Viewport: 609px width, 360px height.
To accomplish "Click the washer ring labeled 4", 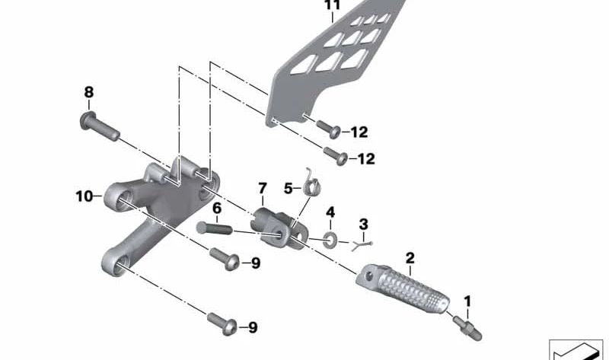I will pyautogui.click(x=332, y=238).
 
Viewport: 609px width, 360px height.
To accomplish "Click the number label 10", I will pyautogui.click(x=83, y=196).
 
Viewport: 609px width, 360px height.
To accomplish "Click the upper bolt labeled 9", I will pyautogui.click(x=224, y=258).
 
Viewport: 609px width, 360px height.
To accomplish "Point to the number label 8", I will pyautogui.click(x=88, y=92).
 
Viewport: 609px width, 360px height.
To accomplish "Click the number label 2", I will pyautogui.click(x=410, y=257).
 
